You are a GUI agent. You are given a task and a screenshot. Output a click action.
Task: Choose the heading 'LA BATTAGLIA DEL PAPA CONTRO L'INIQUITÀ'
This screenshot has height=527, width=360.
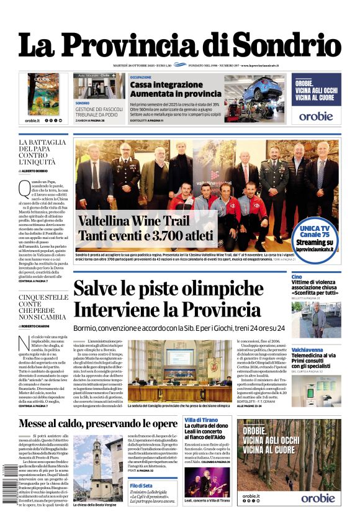coord(42,153)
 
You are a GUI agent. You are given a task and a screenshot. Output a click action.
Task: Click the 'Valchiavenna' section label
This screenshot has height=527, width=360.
coord(308,349)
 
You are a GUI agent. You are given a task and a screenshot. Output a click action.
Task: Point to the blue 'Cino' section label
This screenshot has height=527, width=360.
coord(297,277)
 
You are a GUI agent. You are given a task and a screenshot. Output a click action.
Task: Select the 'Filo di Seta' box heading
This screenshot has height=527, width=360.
coord(142,485)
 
